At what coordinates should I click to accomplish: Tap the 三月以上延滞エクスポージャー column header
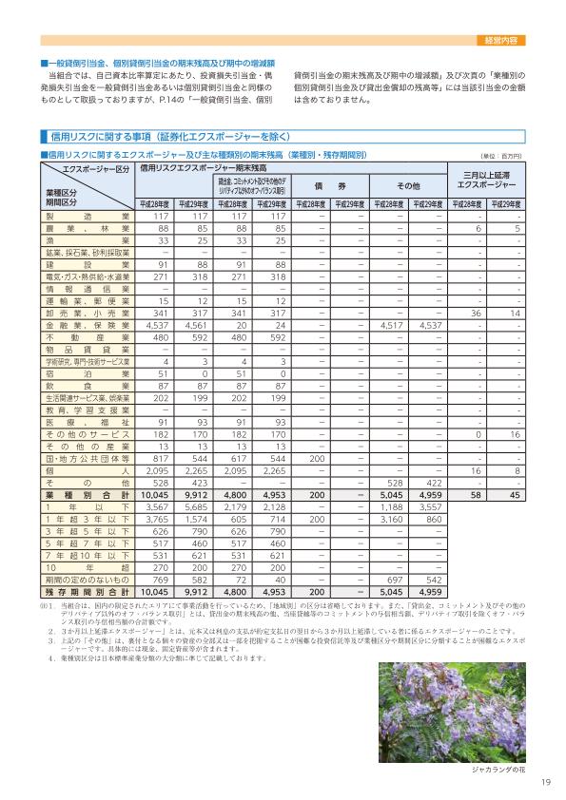click(x=488, y=180)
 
